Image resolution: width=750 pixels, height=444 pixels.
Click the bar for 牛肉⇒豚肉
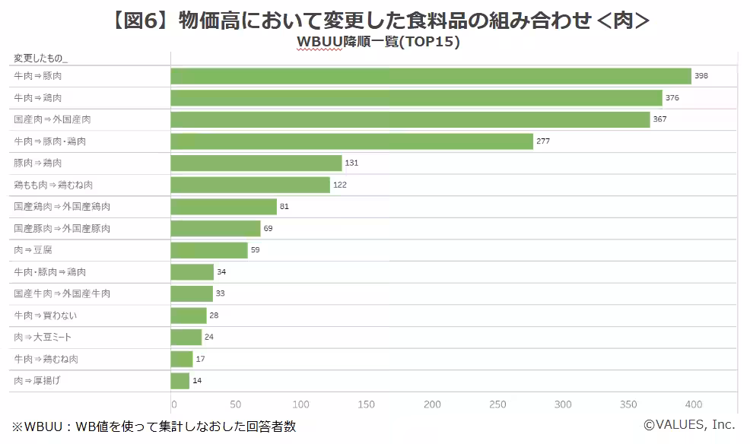coord(431,76)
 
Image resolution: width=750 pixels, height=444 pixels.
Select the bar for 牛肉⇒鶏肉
coord(416,98)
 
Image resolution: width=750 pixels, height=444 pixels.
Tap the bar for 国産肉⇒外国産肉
coord(410,119)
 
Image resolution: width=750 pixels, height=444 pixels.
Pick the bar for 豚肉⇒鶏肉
coord(256,163)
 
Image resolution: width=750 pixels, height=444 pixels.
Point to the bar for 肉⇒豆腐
coord(209,250)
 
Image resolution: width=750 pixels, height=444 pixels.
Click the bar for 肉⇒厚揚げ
coord(180,380)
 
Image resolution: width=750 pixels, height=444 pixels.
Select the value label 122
coord(340,185)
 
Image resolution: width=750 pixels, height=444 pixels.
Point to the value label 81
coord(284,207)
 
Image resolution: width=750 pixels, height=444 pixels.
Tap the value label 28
coord(214,316)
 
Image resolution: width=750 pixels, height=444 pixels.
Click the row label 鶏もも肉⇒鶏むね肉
coord(53,185)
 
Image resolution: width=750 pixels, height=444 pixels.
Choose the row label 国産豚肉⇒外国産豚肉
coord(62,228)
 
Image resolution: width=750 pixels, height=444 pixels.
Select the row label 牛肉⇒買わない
coord(45,316)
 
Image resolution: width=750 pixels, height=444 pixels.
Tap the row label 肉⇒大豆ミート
coord(43,337)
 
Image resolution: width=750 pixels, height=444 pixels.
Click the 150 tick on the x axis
coord(367,404)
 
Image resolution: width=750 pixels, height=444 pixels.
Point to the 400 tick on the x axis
coord(693,404)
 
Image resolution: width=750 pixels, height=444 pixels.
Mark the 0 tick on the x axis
coord(174,404)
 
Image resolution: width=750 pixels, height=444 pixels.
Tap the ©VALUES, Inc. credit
coord(689,425)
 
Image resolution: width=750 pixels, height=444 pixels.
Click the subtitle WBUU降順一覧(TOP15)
coord(377,42)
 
